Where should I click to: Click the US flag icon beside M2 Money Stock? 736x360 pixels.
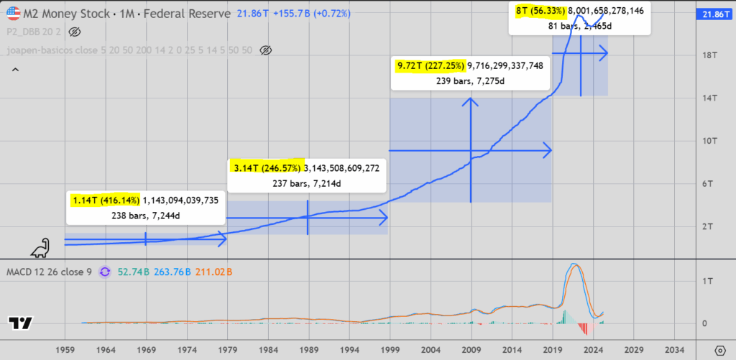pos(13,14)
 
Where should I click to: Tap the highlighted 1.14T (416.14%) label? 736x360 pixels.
pos(106,200)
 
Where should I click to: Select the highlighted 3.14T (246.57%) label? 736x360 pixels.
pos(267,167)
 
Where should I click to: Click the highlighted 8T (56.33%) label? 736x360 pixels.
pos(539,11)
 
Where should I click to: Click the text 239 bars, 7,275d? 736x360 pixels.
pos(470,81)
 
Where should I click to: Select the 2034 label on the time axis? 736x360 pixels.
pos(675,350)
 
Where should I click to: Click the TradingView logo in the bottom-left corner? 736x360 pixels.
pos(21,323)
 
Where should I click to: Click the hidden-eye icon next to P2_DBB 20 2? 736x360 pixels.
pos(75,32)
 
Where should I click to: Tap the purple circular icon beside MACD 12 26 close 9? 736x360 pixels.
pos(104,272)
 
